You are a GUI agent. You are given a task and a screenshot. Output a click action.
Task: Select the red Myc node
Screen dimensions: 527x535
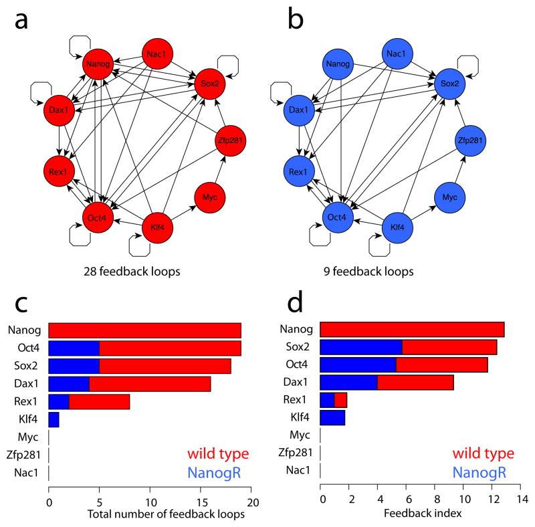point(209,197)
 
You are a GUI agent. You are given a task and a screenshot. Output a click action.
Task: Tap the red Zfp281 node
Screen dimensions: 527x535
point(233,140)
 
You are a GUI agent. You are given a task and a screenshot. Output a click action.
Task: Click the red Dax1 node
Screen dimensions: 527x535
point(58,108)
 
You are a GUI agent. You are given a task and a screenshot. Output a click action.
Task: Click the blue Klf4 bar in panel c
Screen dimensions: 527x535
point(53,419)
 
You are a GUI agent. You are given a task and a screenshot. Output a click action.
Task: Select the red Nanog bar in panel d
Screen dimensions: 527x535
point(412,329)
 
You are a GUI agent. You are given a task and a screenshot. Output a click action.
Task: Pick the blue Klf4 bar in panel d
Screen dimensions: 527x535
point(332,418)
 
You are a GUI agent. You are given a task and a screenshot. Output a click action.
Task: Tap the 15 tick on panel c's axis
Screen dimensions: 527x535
point(201,499)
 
